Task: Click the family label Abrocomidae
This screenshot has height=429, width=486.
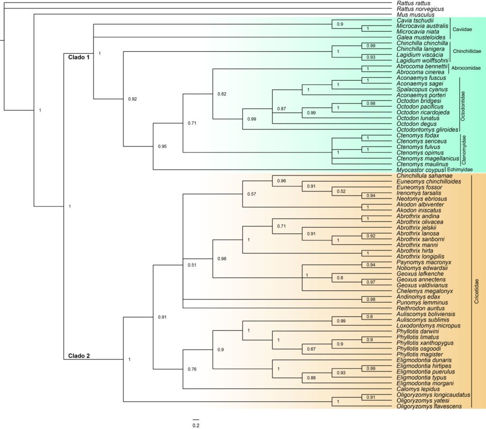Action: point(467,69)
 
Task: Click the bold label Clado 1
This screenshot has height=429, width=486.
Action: point(76,56)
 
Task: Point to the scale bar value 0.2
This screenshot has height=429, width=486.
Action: point(196,425)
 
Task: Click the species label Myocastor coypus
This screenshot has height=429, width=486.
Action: point(419,170)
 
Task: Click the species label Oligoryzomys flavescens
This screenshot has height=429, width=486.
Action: point(429,407)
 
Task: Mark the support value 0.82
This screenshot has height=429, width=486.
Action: point(221,94)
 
